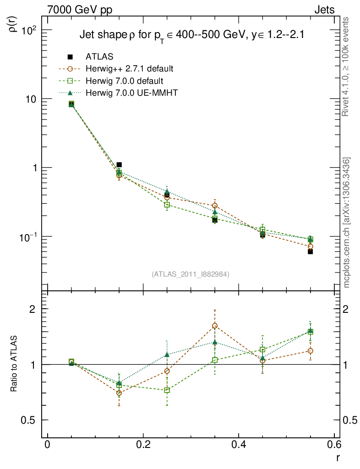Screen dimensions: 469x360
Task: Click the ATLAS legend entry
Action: pyautogui.click(x=99, y=57)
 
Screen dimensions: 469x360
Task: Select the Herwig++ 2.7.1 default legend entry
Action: pyautogui.click(x=129, y=69)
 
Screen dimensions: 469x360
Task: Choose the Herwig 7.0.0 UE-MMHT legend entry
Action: pyautogui.click(x=131, y=93)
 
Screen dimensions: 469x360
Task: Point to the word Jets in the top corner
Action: pyautogui.click(x=324, y=10)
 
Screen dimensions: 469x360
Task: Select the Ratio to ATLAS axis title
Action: pyautogui.click(x=14, y=364)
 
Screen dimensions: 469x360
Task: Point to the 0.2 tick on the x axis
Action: pyautogui.click(x=143, y=444)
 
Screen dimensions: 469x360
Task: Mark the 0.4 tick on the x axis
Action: pyautogui.click(x=239, y=444)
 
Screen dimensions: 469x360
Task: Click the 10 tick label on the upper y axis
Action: pyautogui.click(x=33, y=99)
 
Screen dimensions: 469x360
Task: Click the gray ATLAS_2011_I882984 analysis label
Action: pyautogui.click(x=191, y=274)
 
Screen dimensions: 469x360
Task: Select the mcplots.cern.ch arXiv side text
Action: pyautogui.click(x=347, y=223)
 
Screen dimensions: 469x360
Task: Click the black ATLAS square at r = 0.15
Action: pyautogui.click(x=119, y=164)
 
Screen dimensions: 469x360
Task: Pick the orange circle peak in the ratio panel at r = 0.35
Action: pyautogui.click(x=215, y=326)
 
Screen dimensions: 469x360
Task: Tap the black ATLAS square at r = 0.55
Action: pyautogui.click(x=310, y=251)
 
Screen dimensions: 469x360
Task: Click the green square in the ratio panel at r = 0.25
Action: pyautogui.click(x=167, y=390)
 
